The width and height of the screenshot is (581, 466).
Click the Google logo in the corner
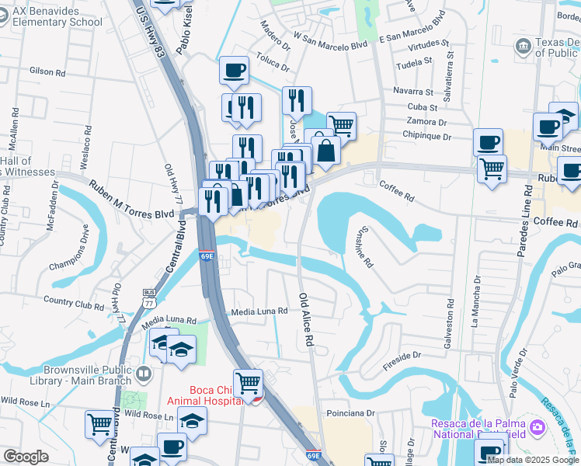(x=26, y=457)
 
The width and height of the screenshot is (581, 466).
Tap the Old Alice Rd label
(x=307, y=318)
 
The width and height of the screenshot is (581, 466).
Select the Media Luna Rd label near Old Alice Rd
(x=259, y=311)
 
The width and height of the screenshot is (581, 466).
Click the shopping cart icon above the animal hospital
(x=248, y=382)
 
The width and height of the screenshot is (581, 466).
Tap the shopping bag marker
(x=327, y=150)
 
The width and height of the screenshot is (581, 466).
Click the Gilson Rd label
(x=47, y=71)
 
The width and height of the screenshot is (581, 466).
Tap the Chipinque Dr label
(x=428, y=137)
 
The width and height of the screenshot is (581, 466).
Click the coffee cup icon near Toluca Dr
(x=234, y=71)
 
